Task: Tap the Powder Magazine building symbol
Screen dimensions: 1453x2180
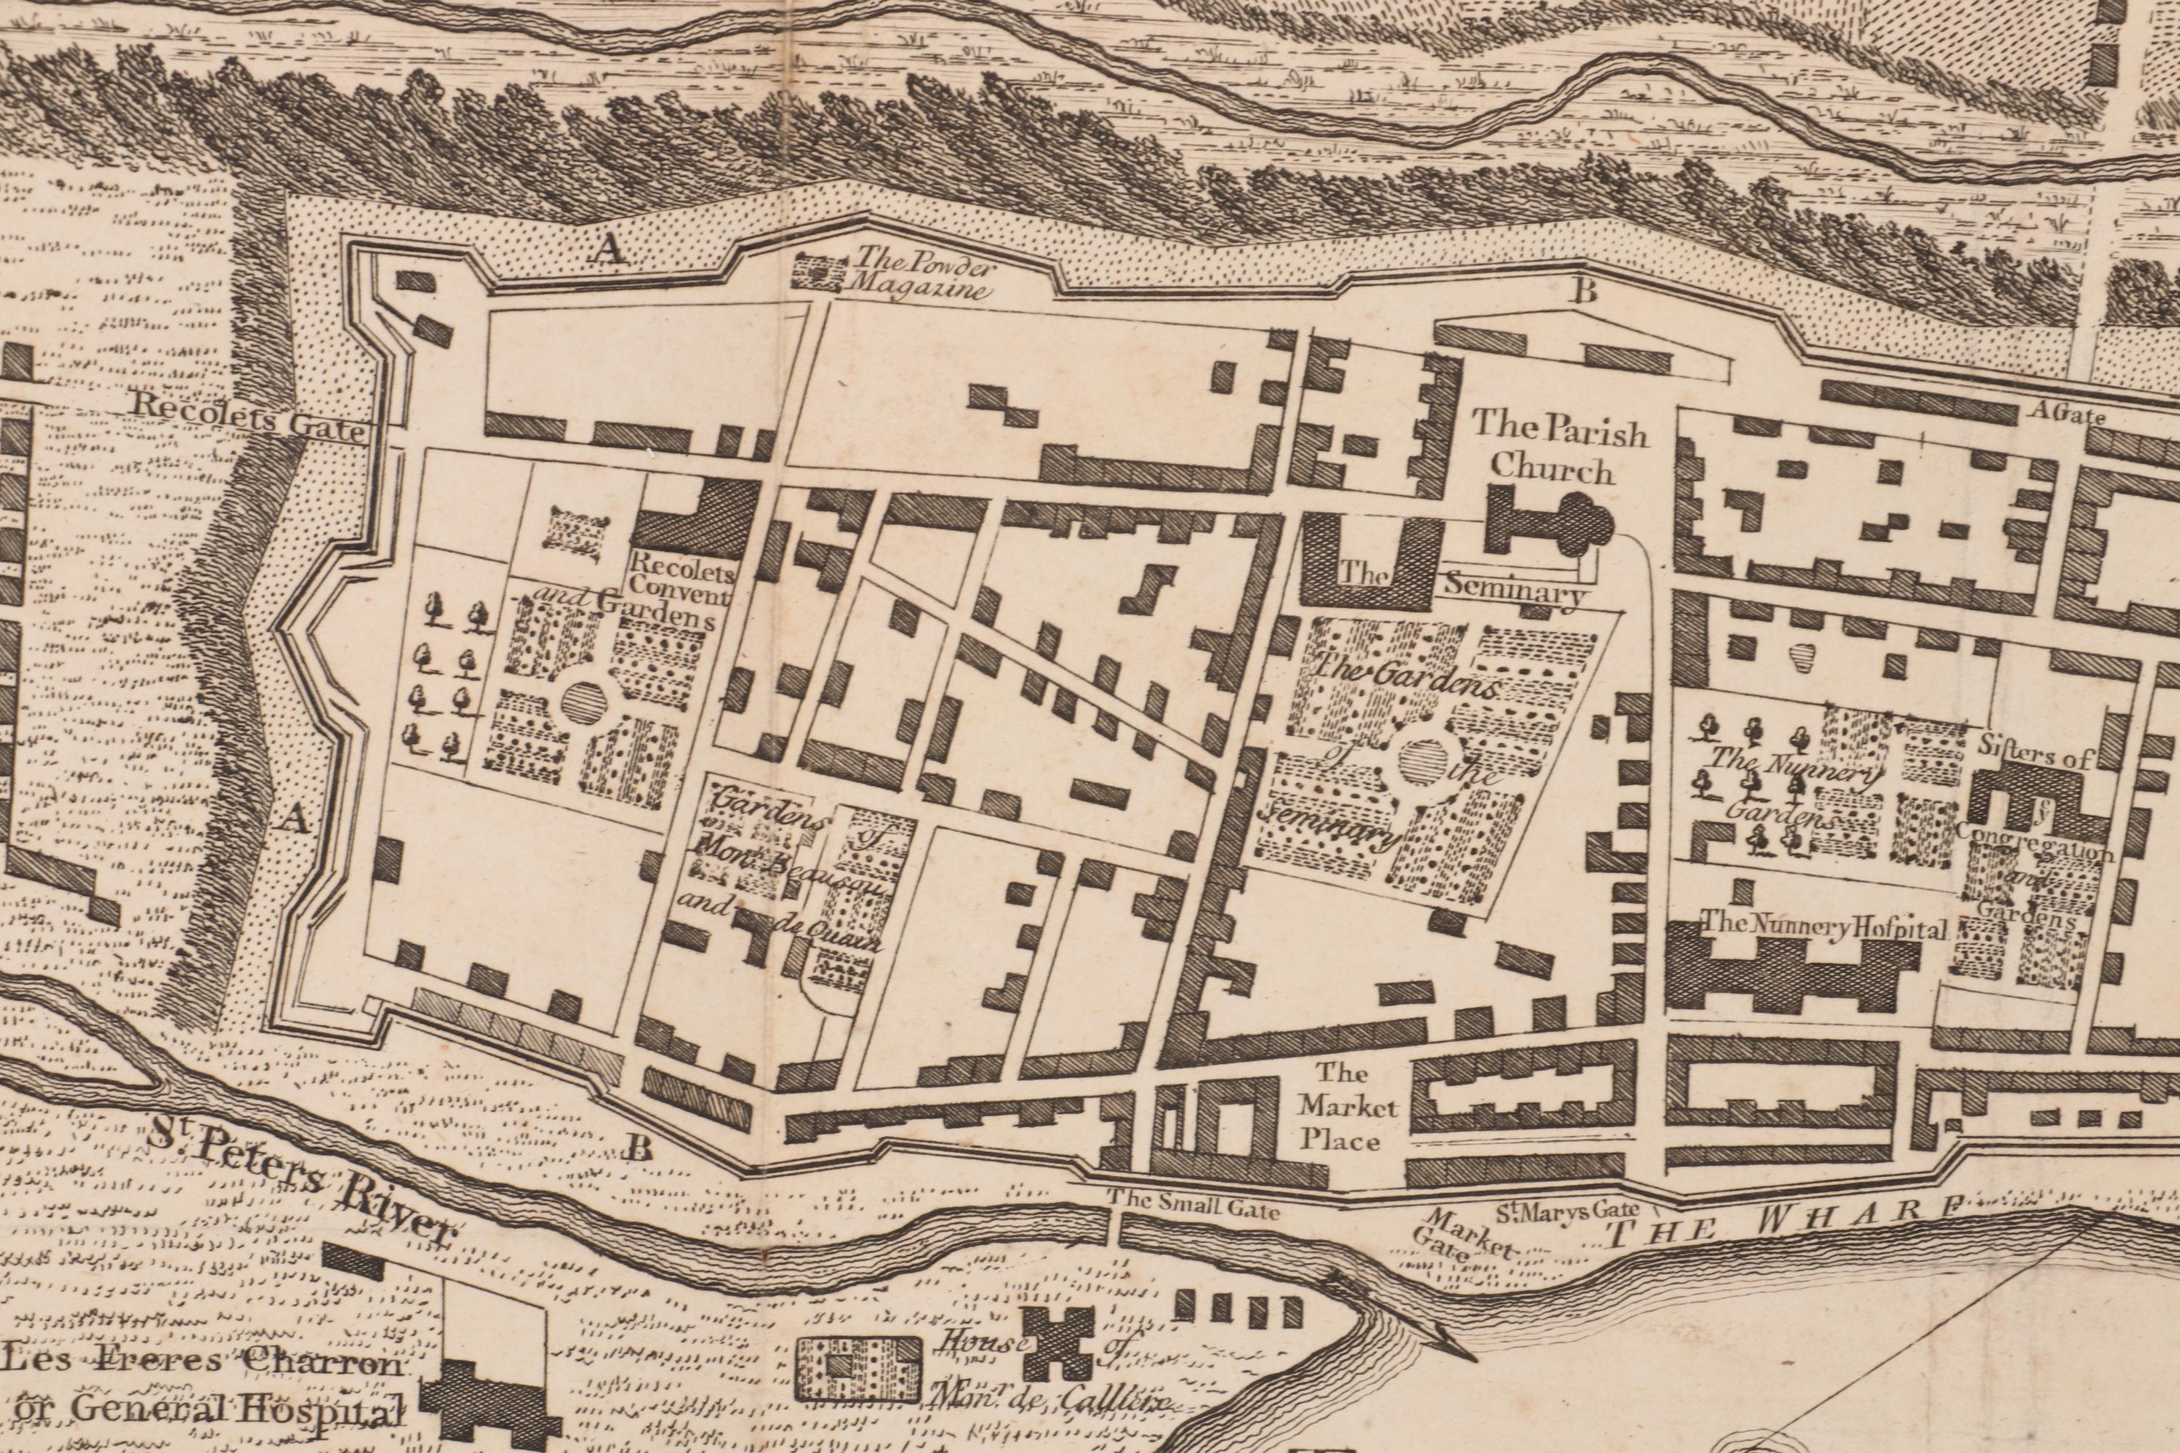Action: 818,272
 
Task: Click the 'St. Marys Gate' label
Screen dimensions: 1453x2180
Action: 1568,1209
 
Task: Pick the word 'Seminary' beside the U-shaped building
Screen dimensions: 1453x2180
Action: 1513,590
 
